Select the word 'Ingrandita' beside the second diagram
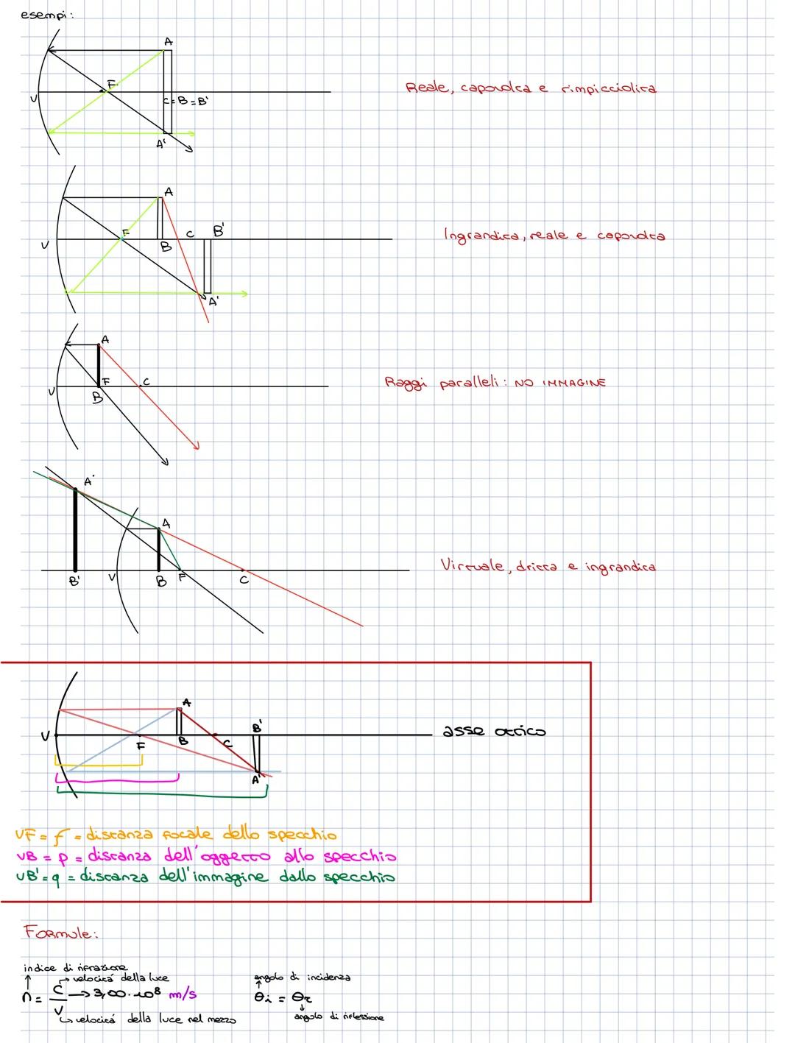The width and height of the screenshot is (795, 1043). click(x=481, y=236)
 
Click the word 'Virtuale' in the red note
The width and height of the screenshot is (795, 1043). click(x=472, y=566)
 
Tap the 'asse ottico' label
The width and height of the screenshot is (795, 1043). click(x=493, y=732)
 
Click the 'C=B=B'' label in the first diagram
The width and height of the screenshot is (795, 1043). click(x=185, y=102)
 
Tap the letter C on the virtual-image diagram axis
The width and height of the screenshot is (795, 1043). click(x=244, y=581)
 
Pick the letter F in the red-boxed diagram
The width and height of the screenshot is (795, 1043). click(x=141, y=746)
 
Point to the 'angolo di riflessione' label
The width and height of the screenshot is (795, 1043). click(x=339, y=1017)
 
